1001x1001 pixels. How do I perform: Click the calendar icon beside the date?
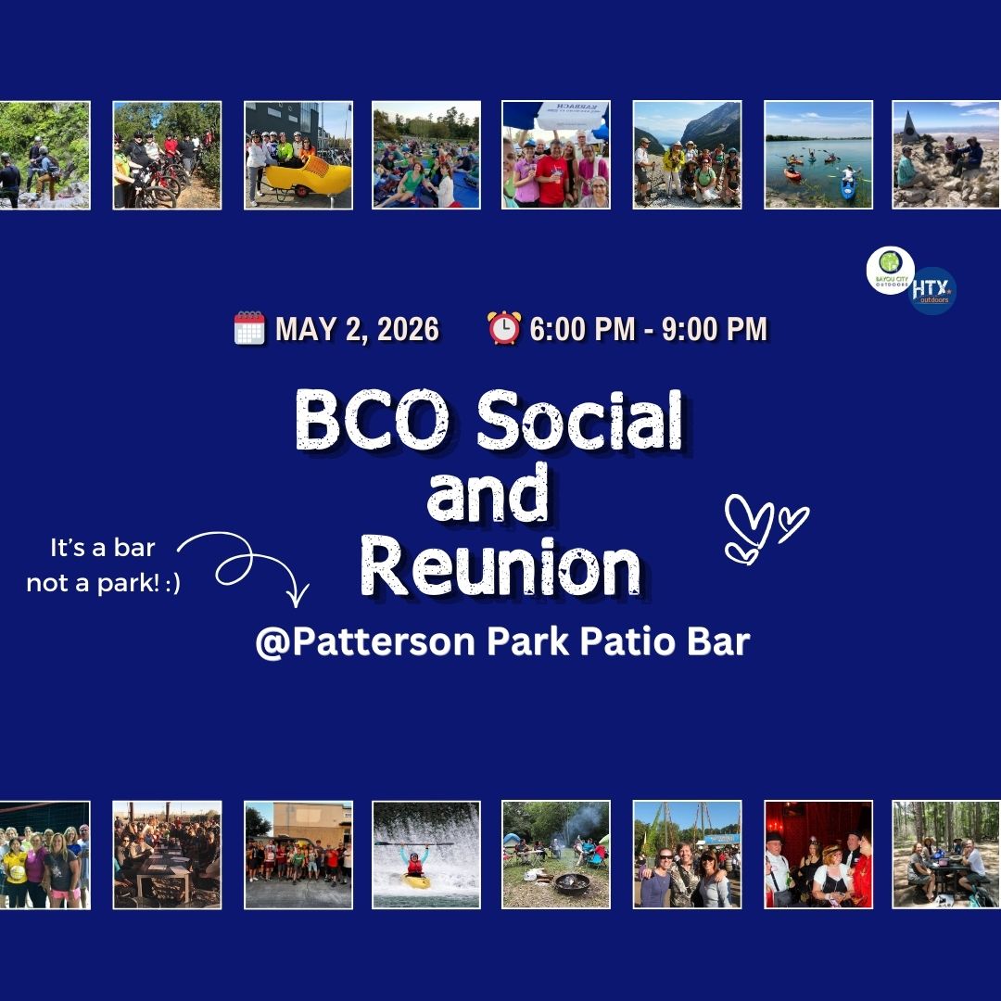(249, 329)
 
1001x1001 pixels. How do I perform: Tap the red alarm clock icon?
(504, 329)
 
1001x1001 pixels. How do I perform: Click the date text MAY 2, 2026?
(357, 329)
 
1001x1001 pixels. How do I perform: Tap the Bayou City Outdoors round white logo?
(890, 270)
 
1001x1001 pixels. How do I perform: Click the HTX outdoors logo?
(932, 291)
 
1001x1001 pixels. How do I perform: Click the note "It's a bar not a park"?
(103, 564)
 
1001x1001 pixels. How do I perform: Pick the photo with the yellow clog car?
(298, 155)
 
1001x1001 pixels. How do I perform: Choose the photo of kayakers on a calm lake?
(818, 155)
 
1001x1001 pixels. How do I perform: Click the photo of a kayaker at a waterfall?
(426, 855)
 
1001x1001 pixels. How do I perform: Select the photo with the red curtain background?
(818, 855)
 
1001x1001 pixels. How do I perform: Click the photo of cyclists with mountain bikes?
(167, 155)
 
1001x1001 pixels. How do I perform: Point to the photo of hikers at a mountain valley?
(688, 155)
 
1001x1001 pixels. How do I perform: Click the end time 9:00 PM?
(715, 329)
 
